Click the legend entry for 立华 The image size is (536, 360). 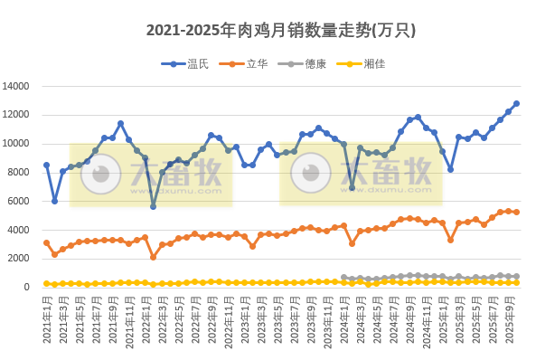click(256, 63)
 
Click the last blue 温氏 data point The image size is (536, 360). click(516, 103)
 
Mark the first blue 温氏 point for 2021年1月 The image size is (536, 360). click(46, 166)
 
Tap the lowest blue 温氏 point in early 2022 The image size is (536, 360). click(154, 206)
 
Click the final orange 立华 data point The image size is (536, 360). click(516, 212)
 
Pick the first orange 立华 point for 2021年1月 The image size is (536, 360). click(46, 242)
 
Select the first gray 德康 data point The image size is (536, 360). click(343, 278)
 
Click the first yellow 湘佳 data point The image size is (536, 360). click(46, 284)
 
